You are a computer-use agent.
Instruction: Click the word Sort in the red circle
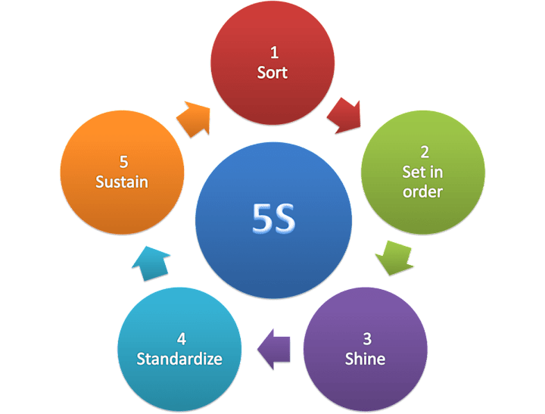point(272,73)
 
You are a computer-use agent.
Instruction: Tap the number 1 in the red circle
point(273,53)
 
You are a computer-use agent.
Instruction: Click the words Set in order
point(422,182)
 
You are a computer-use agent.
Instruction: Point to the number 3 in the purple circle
point(365,338)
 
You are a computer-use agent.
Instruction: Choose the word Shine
point(365,358)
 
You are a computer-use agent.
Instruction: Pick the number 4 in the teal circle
point(180,338)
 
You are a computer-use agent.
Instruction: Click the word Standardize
point(179,358)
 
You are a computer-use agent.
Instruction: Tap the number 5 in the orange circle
point(123,162)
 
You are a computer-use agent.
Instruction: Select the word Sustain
point(122,182)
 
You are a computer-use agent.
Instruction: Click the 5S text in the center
point(273,217)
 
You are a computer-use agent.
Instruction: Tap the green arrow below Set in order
point(394,256)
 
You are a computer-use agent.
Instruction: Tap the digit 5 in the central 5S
point(261,217)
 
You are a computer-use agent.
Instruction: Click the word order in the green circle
point(422,191)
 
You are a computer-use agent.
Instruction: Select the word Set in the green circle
point(413,172)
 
